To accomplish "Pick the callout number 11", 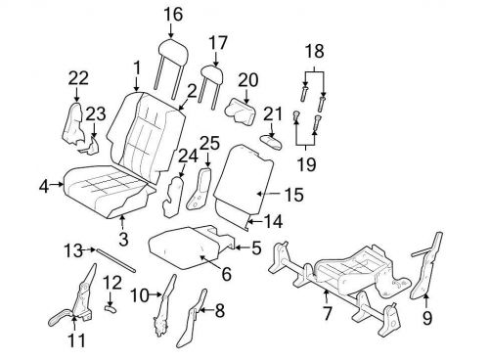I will pyautogui.click(x=75, y=341).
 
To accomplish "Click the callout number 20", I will pyautogui.click(x=247, y=78).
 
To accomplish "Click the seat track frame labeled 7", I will pyautogui.click(x=342, y=277).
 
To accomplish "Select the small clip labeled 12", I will pyautogui.click(x=111, y=307).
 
